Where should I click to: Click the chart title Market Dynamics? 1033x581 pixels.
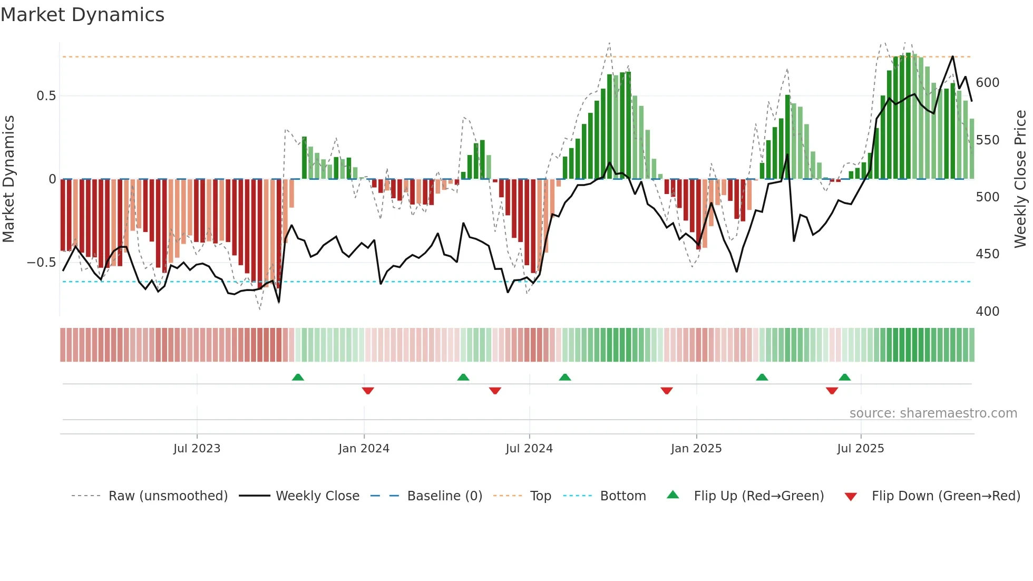click(82, 15)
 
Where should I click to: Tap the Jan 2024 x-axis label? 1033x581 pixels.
click(364, 449)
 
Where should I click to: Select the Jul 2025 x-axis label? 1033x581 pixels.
click(860, 449)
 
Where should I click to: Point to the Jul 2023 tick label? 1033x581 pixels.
click(197, 449)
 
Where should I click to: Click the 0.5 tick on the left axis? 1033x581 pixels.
click(46, 96)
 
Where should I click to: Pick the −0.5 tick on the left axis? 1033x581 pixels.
click(41, 263)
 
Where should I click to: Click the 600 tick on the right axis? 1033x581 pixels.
click(987, 83)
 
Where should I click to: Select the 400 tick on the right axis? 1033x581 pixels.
click(987, 312)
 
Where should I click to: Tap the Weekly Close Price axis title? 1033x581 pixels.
click(1020, 179)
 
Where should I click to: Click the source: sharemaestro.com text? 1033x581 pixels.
click(933, 413)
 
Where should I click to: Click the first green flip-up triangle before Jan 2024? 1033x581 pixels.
click(298, 377)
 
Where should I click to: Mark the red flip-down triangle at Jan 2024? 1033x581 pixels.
click(368, 391)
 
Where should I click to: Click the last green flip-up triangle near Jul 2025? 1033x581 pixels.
click(844, 377)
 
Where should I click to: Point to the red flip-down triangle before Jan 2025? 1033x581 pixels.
click(666, 391)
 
